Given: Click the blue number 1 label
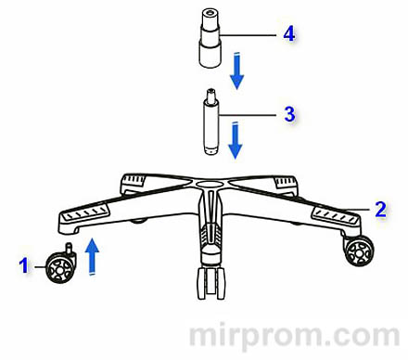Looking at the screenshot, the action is [x=23, y=265].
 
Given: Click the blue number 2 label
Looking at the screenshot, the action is [x=380, y=209].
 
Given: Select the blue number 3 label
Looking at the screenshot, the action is [x=289, y=114].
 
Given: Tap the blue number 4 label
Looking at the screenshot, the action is [x=289, y=33].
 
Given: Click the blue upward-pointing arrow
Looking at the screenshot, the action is [x=92, y=256].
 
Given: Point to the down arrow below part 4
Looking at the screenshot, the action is [x=237, y=71].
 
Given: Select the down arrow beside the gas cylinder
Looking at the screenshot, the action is [x=236, y=141].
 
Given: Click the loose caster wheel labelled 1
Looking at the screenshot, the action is [x=60, y=265].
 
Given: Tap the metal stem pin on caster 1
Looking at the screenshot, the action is [x=70, y=248].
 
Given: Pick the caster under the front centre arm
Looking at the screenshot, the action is [x=211, y=283].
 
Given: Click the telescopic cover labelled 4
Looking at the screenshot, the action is [x=210, y=38].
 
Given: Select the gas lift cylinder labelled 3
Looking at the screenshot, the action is [x=211, y=122].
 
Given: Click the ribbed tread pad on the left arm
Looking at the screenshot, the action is [x=85, y=212].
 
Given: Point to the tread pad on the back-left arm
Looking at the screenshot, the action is [x=134, y=179].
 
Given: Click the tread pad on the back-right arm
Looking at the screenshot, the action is [x=285, y=182].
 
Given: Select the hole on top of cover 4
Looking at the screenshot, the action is [x=210, y=13].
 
